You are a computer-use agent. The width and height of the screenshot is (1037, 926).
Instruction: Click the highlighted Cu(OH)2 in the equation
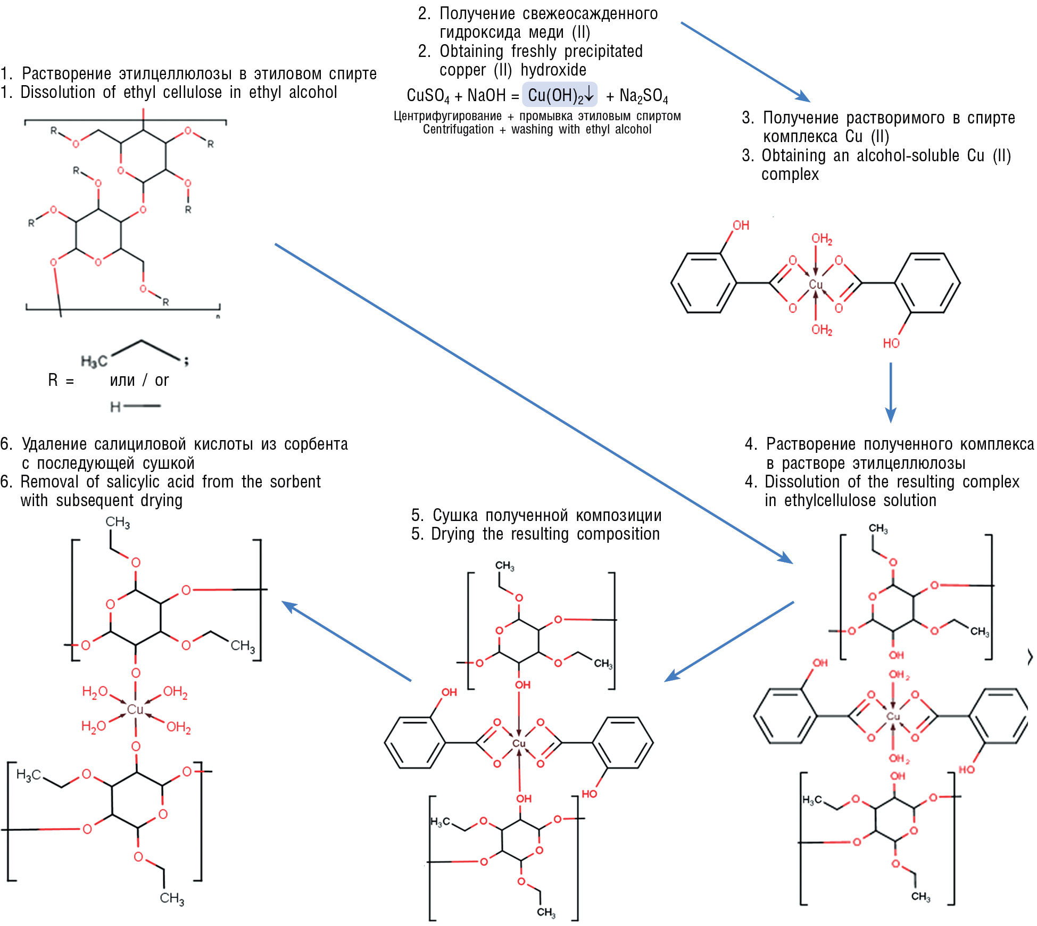click(x=559, y=95)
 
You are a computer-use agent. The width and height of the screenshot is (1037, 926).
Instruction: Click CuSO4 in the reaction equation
click(x=428, y=96)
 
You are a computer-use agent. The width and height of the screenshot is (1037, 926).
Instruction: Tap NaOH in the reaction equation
click(x=486, y=96)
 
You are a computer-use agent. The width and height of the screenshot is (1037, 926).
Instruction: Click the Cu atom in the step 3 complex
click(x=815, y=284)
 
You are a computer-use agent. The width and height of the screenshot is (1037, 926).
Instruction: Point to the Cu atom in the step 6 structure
click(x=135, y=709)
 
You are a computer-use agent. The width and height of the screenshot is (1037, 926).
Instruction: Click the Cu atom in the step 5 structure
click(x=519, y=743)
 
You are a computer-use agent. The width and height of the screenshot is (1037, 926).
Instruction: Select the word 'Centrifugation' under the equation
click(x=458, y=129)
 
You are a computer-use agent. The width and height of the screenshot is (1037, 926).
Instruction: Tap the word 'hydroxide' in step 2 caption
click(x=553, y=70)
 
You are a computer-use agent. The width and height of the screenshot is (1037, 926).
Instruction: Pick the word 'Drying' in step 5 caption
click(x=452, y=534)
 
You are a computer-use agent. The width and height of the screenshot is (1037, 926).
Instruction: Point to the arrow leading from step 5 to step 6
click(x=346, y=641)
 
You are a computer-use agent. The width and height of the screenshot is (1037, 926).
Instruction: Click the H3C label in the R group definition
click(x=94, y=361)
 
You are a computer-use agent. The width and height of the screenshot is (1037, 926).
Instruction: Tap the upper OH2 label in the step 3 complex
click(x=822, y=239)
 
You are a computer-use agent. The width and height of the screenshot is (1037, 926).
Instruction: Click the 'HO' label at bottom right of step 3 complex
click(x=891, y=343)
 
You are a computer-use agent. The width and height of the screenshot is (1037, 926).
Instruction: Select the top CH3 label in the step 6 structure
click(x=118, y=522)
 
